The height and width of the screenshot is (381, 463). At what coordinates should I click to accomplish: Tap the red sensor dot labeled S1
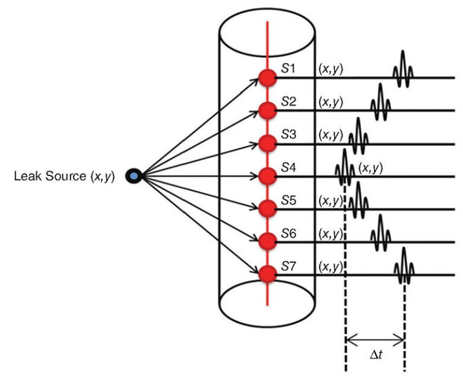tap(267, 78)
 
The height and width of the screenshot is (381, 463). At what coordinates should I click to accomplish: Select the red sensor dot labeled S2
tap(267, 110)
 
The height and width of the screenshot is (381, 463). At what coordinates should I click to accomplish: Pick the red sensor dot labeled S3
tap(267, 142)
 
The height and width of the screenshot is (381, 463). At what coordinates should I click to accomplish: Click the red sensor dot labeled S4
tap(267, 175)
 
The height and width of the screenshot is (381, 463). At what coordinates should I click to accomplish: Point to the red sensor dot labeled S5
tap(267, 207)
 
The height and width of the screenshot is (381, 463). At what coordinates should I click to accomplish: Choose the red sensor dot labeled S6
tap(267, 240)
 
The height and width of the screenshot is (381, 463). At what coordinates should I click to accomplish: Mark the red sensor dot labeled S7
tap(267, 273)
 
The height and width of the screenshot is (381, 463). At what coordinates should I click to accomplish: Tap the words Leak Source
tap(49, 175)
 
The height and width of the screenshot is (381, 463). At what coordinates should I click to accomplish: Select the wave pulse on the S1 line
tap(403, 71)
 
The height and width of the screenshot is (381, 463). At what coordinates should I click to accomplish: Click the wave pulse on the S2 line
tap(380, 103)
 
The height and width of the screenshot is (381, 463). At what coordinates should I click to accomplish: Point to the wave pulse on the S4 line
tap(345, 168)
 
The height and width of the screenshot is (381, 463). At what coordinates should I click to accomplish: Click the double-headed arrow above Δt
tap(374, 339)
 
